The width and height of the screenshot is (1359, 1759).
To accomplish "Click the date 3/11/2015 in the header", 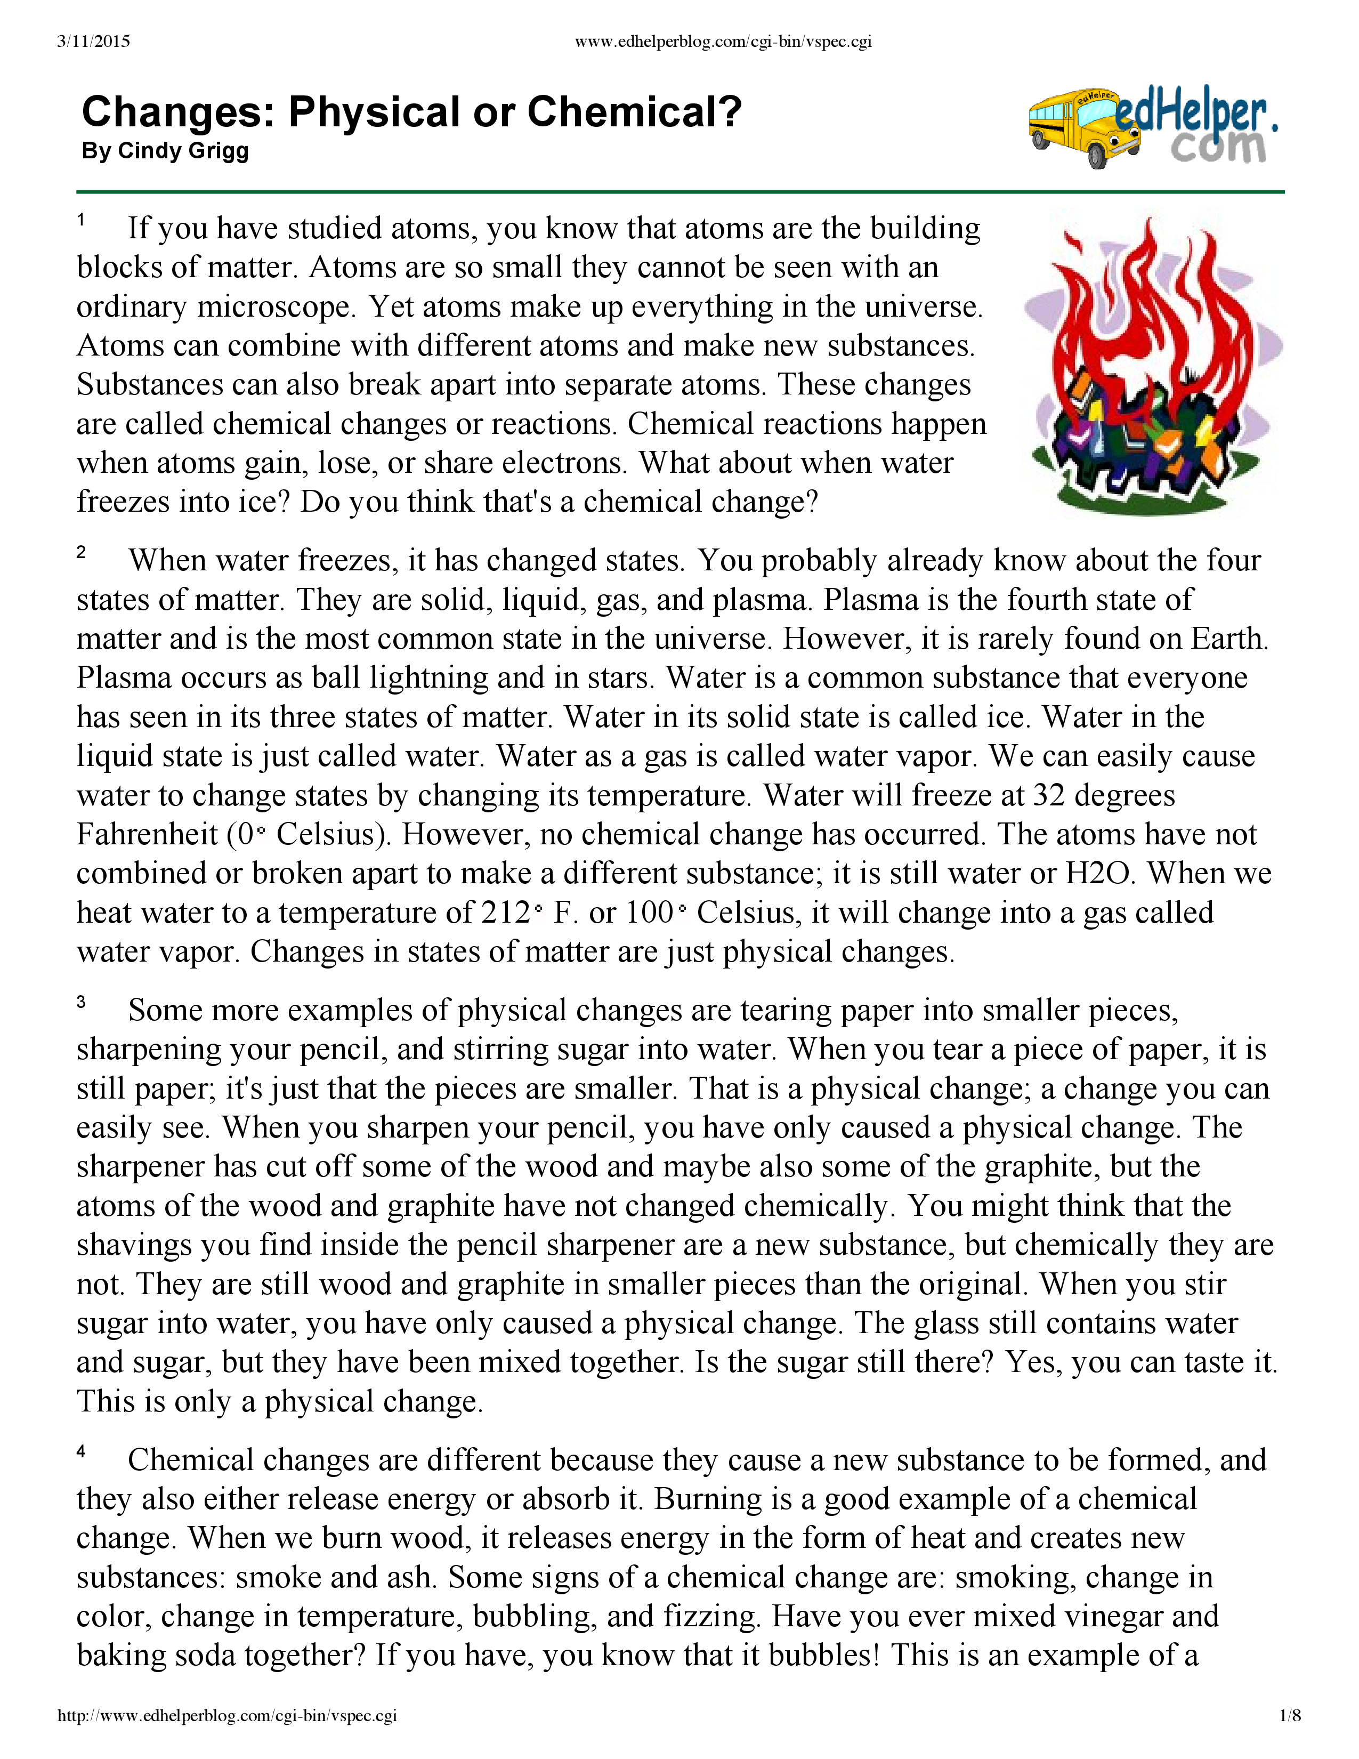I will pos(93,42).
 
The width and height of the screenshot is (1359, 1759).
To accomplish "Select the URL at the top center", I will pos(723,42).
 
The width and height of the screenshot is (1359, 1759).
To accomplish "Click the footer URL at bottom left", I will pos(227,1715).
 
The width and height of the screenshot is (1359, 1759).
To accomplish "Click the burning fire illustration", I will pos(1151,367).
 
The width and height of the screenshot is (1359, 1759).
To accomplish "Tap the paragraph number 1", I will pos(82,219).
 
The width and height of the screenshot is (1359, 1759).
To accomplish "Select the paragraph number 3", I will pos(82,1002).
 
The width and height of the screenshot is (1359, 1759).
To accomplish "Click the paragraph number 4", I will pos(82,1451).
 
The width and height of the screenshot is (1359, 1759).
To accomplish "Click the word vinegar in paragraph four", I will pos(1098,1617).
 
